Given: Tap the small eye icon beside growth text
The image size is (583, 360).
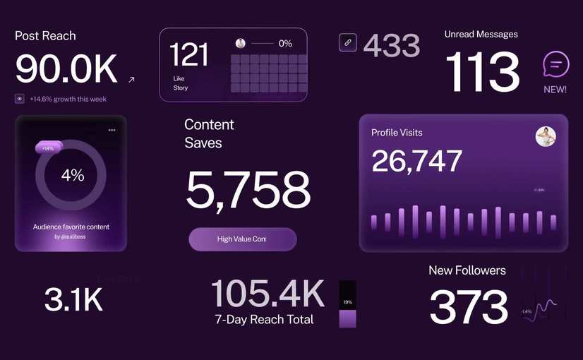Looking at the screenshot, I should (20, 99).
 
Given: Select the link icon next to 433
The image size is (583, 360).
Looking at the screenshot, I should (347, 42).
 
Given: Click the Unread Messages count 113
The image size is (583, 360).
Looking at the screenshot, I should (482, 73).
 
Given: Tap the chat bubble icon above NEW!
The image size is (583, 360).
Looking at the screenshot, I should (555, 65).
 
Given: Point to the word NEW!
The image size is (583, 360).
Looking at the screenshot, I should (555, 90).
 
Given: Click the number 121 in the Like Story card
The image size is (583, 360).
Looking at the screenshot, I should (190, 55).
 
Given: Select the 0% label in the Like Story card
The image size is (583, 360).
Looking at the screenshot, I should (285, 44).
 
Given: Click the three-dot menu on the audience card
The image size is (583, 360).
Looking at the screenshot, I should (112, 130).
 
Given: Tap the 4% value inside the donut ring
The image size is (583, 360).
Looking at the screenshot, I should (72, 175).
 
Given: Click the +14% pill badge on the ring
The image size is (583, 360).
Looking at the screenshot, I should (49, 148).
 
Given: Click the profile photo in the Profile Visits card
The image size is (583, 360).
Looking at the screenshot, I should (546, 136).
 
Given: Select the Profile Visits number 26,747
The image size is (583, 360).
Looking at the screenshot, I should (416, 161).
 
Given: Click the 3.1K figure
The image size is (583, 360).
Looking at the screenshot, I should (73, 300).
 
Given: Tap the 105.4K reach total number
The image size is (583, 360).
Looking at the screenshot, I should (268, 294).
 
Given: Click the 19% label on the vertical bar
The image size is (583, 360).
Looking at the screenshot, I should (347, 301).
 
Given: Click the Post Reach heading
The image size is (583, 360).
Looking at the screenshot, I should (45, 36).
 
